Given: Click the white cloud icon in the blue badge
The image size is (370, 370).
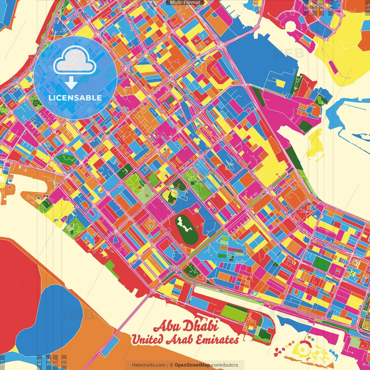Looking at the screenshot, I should pyautogui.click(x=75, y=62).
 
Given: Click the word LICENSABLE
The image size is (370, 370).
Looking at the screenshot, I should pyautogui.click(x=75, y=98).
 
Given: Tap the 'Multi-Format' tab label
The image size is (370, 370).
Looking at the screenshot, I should pyautogui.click(x=185, y=3).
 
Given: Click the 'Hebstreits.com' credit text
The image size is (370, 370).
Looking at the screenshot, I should pyautogui.click(x=149, y=365).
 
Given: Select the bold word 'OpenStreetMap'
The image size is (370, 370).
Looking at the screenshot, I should pyautogui.click(x=192, y=365).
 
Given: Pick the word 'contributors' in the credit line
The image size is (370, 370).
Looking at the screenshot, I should pyautogui.click(x=225, y=365).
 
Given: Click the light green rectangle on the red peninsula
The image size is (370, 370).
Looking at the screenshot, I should pyautogui.click(x=234, y=312).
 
